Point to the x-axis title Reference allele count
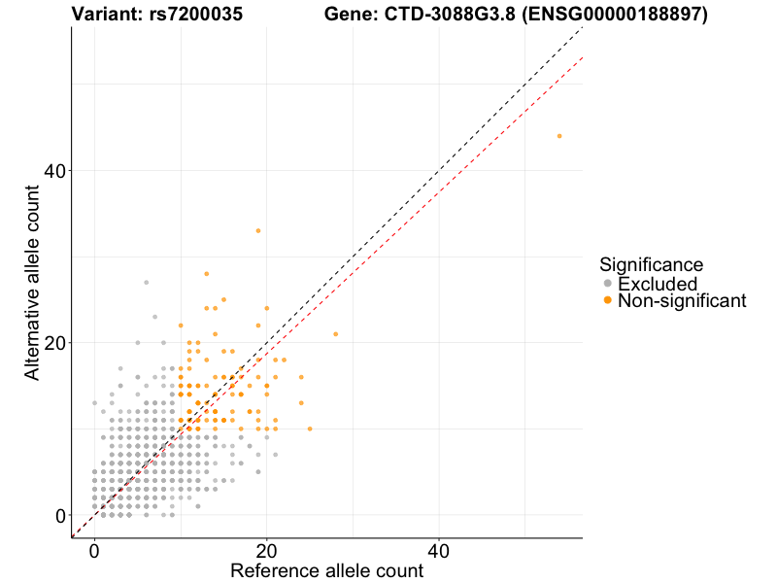[x=326, y=570]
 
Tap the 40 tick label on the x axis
[x=439, y=549]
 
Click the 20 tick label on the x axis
[x=266, y=549]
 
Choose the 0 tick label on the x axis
[x=94, y=549]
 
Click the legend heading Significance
[x=651, y=264]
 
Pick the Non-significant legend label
[x=682, y=301]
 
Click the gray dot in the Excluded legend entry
[x=608, y=284]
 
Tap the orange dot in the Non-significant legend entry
[x=608, y=301]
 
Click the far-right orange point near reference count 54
[x=559, y=136]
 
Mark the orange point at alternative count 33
[x=258, y=230]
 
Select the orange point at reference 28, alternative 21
[x=336, y=334]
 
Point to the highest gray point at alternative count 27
[x=147, y=283]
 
